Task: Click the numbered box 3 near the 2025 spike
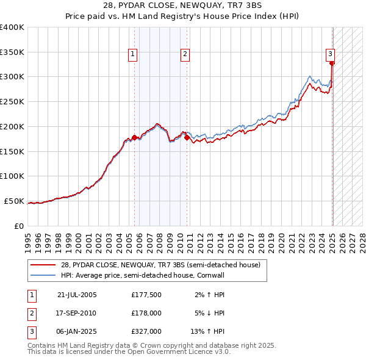(330, 53)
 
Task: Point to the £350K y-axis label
(12, 52)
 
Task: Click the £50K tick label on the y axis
(15, 201)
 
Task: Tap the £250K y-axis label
(12, 102)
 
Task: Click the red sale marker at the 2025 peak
(332, 62)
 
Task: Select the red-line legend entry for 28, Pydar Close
(160, 265)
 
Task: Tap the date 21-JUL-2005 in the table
(77, 295)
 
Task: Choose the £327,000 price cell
(146, 331)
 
